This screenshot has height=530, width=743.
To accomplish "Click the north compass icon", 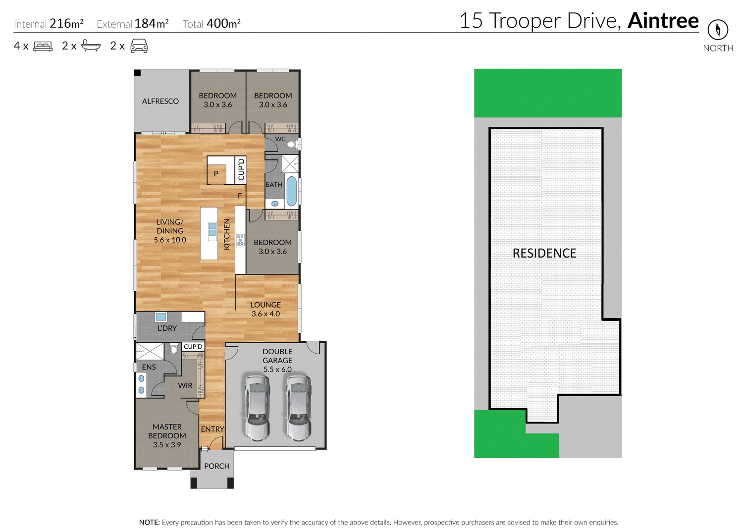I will click(x=717, y=30).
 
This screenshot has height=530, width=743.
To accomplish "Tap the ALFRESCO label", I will click(x=160, y=101).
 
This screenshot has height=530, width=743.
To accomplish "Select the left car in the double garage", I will click(x=257, y=407).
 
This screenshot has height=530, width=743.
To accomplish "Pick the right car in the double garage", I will click(x=298, y=407).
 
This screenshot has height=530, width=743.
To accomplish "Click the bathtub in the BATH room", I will click(x=292, y=191).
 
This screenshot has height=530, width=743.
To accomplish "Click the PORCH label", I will click(x=216, y=466).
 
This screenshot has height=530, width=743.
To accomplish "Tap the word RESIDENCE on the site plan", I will click(x=544, y=254).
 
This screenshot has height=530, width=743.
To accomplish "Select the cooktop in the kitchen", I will click(x=240, y=240).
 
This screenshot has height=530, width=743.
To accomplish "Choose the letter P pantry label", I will click(x=216, y=174).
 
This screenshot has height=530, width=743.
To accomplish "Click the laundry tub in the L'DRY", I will click(x=160, y=317).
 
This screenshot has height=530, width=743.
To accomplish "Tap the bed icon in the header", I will click(x=43, y=47).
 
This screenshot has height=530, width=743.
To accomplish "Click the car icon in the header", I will click(x=139, y=46).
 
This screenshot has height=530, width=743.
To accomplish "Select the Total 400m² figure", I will click(x=212, y=24).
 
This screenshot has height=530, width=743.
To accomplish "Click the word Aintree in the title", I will click(x=663, y=21).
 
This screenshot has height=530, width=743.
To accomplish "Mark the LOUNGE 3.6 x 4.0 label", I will click(x=265, y=309).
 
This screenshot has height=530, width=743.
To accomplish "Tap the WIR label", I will click(x=185, y=385).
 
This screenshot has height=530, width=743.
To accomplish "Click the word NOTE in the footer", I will click(x=149, y=522).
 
